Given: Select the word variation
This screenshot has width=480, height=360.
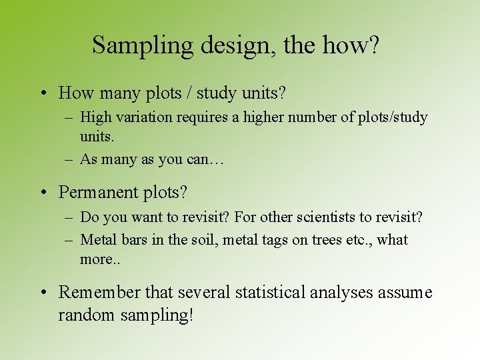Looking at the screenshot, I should point(142,117).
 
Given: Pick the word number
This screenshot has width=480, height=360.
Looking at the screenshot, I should point(309,117).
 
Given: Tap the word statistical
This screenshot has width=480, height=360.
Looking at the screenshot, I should point(271,292).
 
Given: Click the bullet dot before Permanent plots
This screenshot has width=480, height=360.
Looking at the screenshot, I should point(43,193).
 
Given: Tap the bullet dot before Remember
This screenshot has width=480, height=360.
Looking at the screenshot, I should point(43,293).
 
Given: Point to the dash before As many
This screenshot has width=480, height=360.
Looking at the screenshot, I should point(69,159).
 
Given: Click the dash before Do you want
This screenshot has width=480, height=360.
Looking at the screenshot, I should point(69,218).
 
